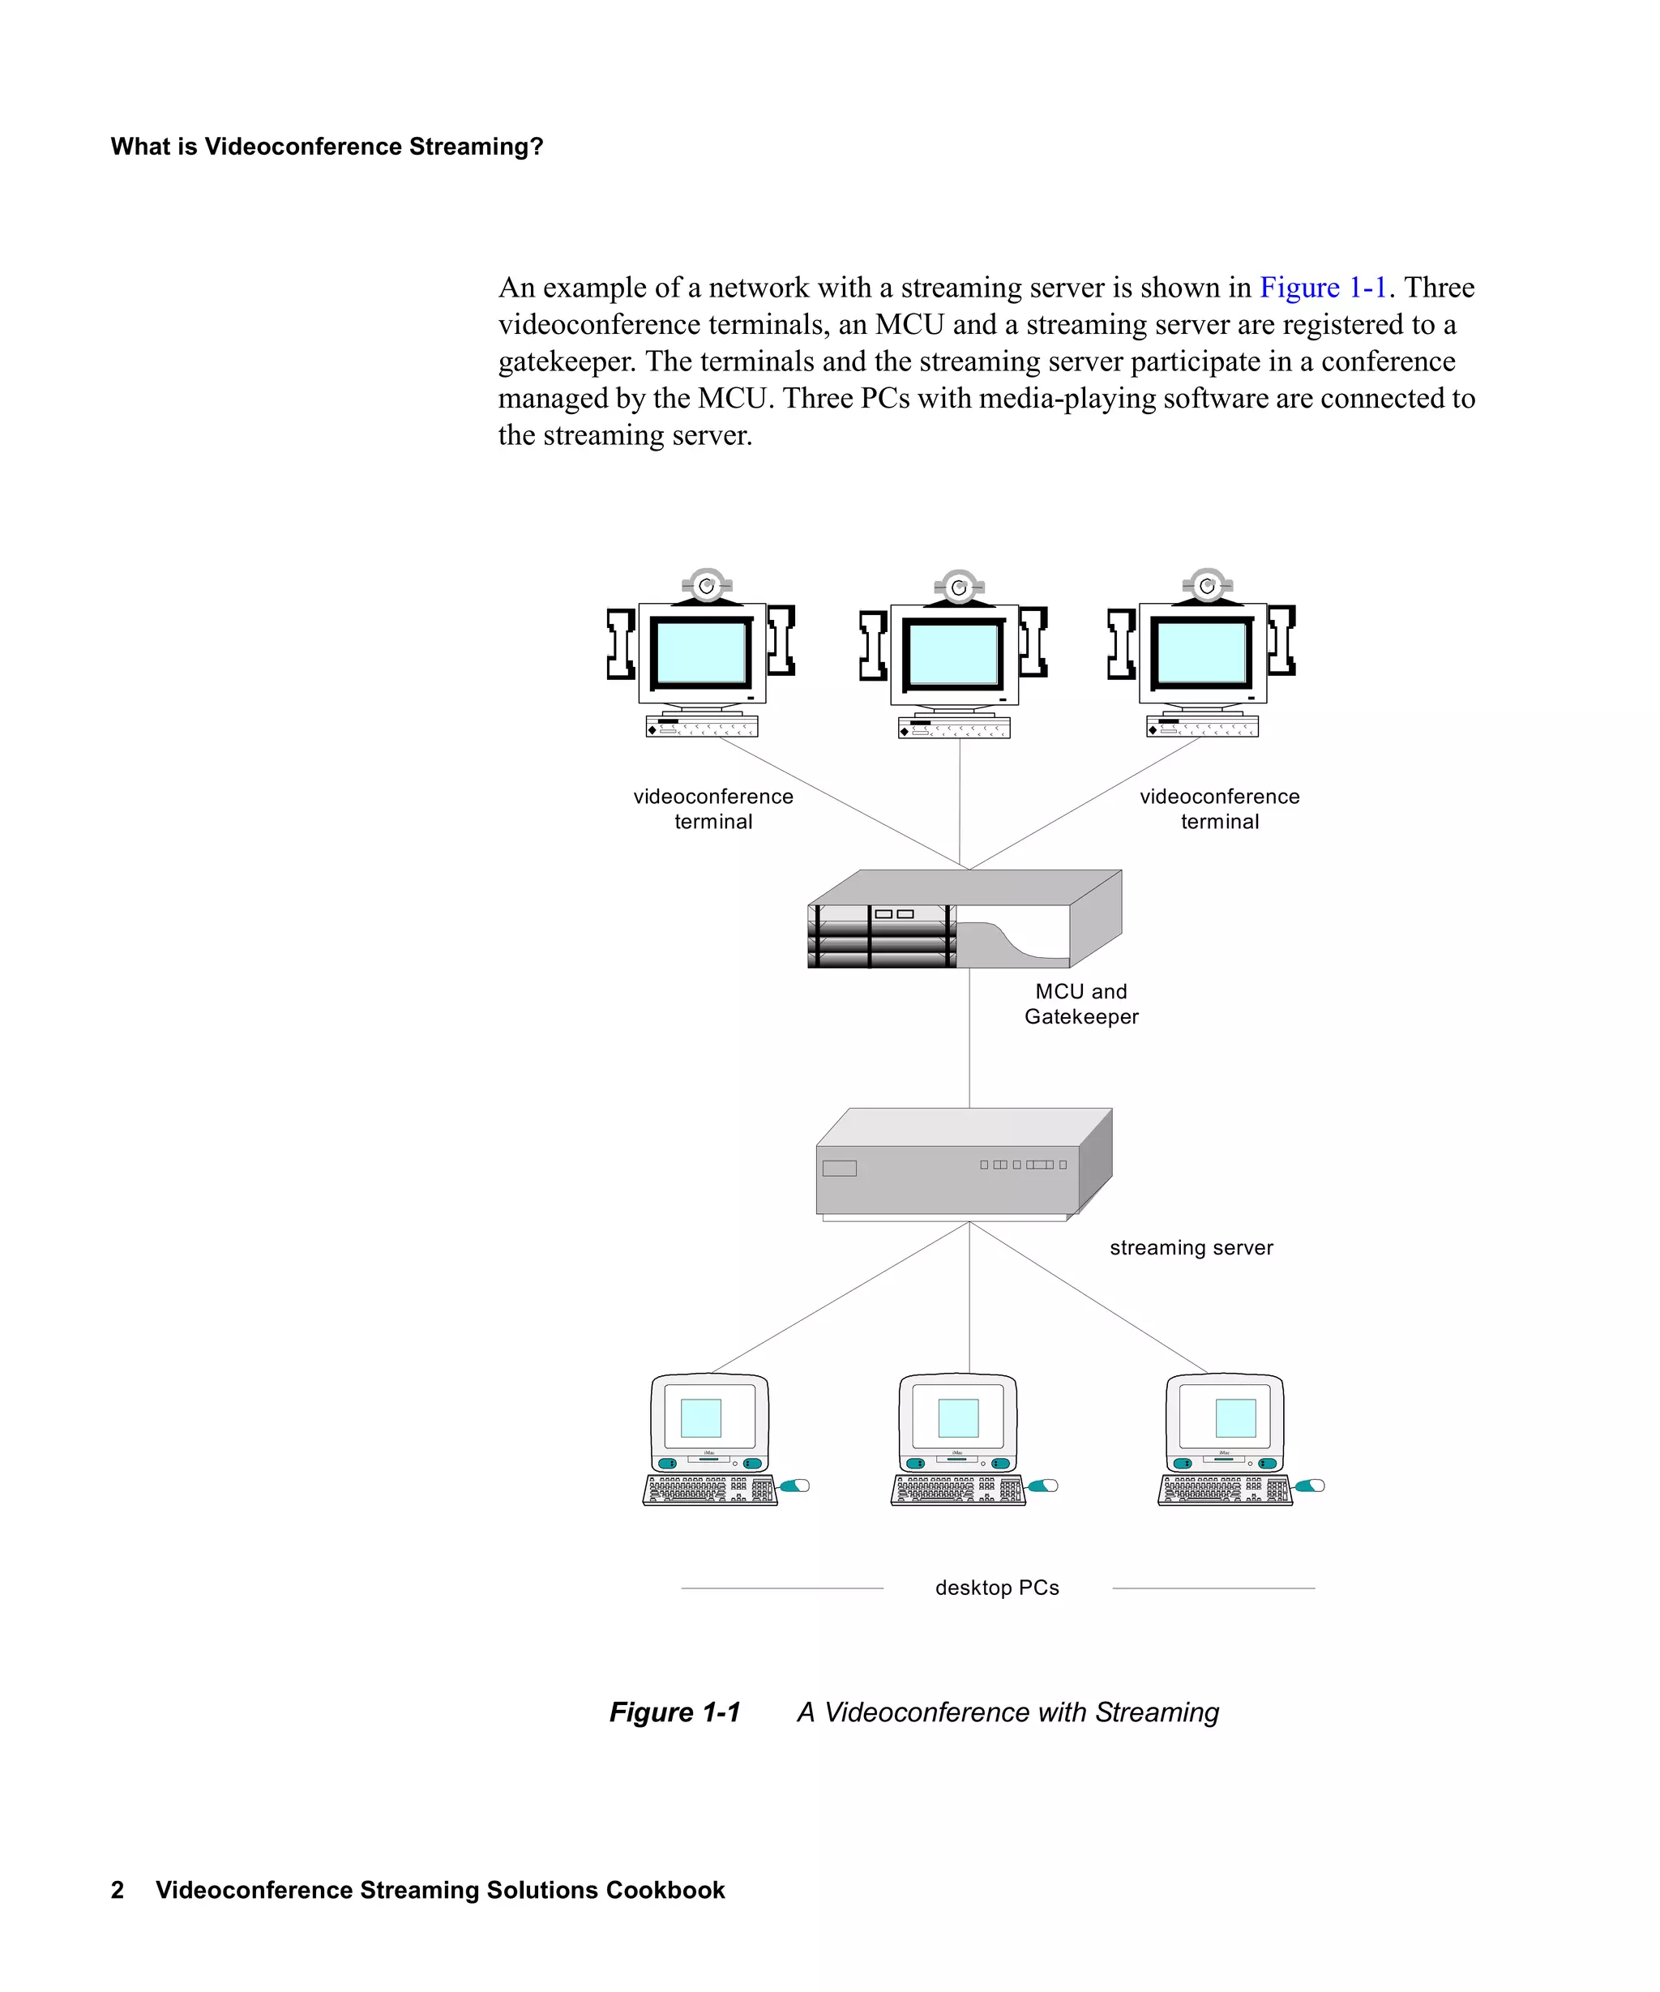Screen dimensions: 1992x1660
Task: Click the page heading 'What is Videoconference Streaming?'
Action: tap(327, 146)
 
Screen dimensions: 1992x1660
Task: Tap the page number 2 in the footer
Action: tap(118, 1890)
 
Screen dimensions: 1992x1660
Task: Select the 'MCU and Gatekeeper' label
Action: tap(1080, 1003)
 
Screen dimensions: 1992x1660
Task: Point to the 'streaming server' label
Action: tap(1191, 1247)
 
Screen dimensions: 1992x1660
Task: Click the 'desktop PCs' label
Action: tap(996, 1587)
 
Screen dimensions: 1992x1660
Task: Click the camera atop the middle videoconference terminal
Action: tap(959, 588)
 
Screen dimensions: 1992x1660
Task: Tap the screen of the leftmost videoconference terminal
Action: tap(700, 652)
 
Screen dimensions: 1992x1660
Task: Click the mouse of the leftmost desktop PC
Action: tap(795, 1485)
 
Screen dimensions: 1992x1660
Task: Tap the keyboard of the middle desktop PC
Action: tap(957, 1490)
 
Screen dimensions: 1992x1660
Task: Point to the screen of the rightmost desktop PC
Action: tap(1235, 1418)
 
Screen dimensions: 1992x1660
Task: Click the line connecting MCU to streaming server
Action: tap(969, 1039)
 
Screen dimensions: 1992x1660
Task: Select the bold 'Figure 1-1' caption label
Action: tap(674, 1712)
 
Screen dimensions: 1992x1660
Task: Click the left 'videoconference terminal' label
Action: tap(712, 808)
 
